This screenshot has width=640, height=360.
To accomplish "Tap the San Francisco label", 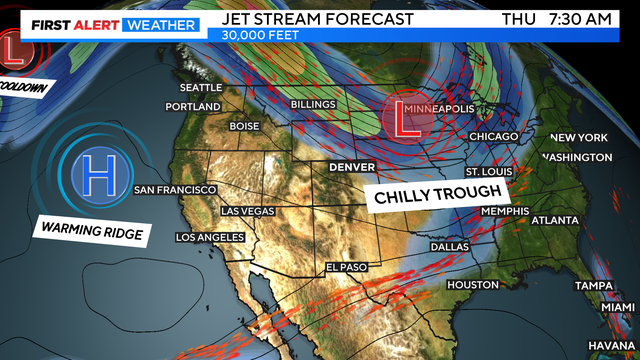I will click(175, 189).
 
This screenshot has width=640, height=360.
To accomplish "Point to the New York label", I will click(579, 137).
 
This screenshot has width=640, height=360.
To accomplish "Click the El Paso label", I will click(348, 267).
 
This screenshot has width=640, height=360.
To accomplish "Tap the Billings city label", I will click(313, 104).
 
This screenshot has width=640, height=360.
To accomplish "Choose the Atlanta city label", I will click(555, 219).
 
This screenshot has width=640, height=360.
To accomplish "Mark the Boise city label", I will click(243, 126).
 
